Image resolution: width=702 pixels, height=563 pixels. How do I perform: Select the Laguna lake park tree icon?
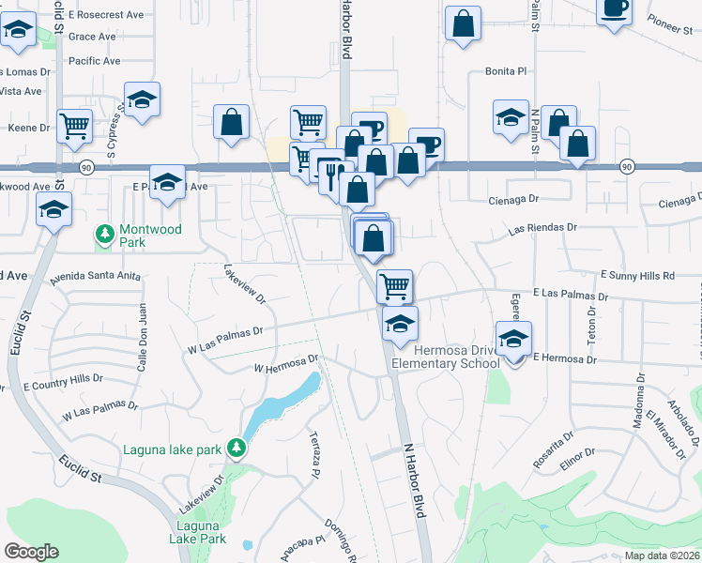(x=238, y=449)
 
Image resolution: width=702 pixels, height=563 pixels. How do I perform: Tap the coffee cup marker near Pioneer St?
(x=614, y=9)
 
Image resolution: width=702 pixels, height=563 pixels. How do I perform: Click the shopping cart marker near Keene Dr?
(x=74, y=125)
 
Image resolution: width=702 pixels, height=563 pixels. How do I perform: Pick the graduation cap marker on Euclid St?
(x=54, y=210)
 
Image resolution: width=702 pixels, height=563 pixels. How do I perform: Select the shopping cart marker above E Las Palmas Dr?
(x=395, y=285)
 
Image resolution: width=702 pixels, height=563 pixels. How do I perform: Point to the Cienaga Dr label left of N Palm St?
(x=516, y=200)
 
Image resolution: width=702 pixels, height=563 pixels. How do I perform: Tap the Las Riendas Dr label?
(x=542, y=227)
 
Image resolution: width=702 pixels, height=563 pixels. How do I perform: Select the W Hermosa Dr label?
(x=287, y=364)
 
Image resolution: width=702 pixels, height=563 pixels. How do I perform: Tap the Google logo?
(x=31, y=552)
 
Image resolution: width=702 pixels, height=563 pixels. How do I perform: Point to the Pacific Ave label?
(x=95, y=61)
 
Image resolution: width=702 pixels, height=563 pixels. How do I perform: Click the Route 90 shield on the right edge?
(x=626, y=166)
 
